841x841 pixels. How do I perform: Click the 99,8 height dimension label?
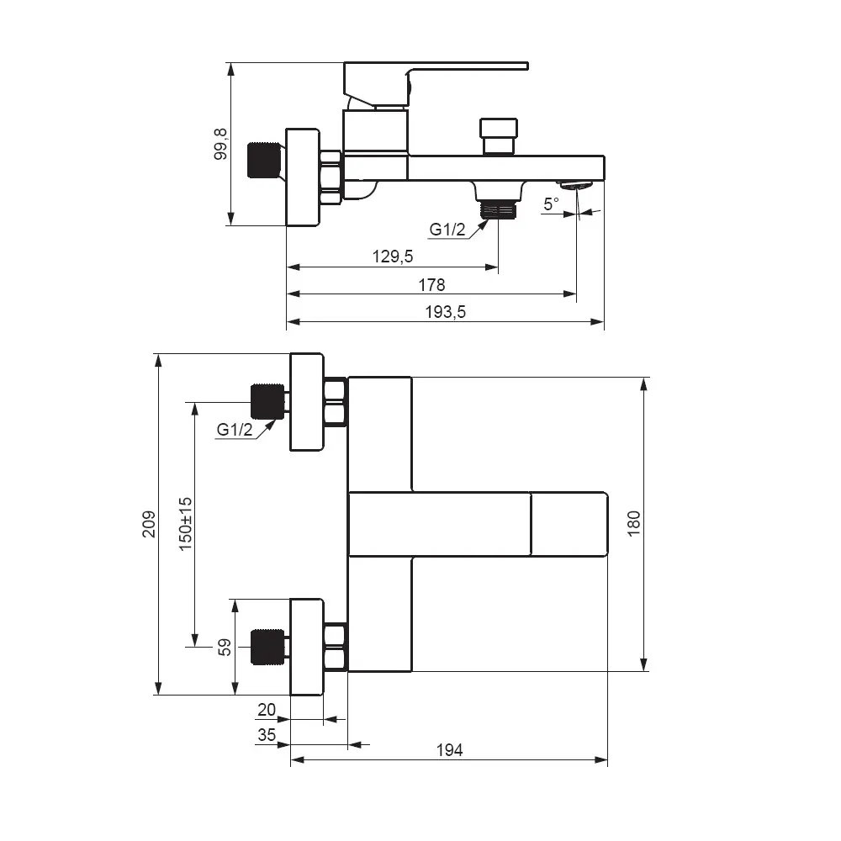coord(220,144)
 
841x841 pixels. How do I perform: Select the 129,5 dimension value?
coord(393,257)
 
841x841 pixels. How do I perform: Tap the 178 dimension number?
coord(431,284)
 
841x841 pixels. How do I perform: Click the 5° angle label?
coord(551,204)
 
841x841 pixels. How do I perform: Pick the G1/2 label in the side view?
coord(447,229)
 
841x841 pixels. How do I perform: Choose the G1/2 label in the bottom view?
coord(235,429)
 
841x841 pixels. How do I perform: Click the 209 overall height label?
coord(150,525)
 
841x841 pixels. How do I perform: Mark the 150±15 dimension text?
coord(186,523)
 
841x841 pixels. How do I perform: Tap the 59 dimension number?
coord(225,647)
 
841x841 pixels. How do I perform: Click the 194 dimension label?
coord(450,750)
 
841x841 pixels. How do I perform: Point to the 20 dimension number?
coord(267,710)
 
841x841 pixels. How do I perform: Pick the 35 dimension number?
coord(267,734)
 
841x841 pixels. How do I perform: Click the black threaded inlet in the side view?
coord(263,161)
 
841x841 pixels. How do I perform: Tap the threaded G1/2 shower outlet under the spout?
coord(498,208)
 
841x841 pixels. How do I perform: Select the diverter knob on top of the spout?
coord(498,135)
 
